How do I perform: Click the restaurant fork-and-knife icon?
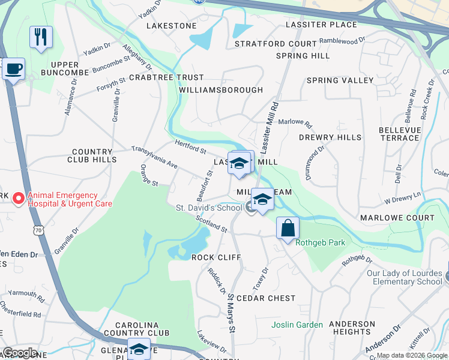point(41,37)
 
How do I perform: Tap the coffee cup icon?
point(13,68)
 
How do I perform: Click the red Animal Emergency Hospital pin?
point(19,198)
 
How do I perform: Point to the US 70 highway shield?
point(39,229)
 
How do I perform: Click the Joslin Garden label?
point(297,325)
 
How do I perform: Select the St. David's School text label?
point(208,208)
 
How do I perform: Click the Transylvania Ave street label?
point(155,157)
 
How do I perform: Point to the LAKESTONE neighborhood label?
point(172,26)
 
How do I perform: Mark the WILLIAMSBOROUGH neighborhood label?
point(221,90)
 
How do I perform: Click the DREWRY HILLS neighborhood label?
point(330,137)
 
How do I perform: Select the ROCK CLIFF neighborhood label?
point(216,257)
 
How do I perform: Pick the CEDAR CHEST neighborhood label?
point(266,298)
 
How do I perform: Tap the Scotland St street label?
point(211,224)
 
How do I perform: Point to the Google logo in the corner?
point(20,353)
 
